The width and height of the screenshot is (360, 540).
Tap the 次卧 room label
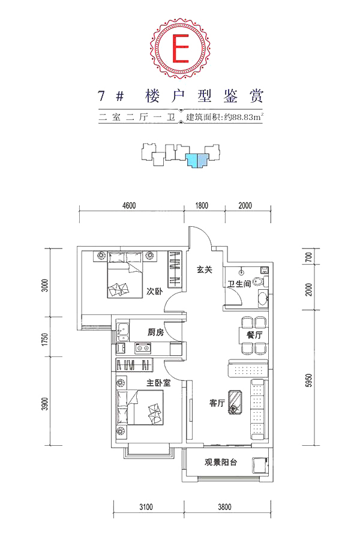click(154, 292)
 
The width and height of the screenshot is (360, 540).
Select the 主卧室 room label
click(158, 383)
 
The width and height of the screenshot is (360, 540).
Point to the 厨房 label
click(156, 332)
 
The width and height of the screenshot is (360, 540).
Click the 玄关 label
click(204, 269)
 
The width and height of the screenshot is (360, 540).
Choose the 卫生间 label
click(239, 284)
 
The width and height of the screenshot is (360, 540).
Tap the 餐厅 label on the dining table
click(254, 334)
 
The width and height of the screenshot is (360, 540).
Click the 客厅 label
click(217, 403)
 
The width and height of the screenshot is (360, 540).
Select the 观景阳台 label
click(221, 462)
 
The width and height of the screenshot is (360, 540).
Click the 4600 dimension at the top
click(129, 206)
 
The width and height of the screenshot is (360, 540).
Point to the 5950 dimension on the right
click(308, 380)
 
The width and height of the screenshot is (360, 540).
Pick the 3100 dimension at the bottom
click(146, 507)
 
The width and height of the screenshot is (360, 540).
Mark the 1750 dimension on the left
click(45, 340)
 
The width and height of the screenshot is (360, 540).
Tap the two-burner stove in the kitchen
click(143, 347)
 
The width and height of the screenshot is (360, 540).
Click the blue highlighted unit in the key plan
click(197, 160)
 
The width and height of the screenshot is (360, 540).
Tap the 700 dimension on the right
click(308, 257)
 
